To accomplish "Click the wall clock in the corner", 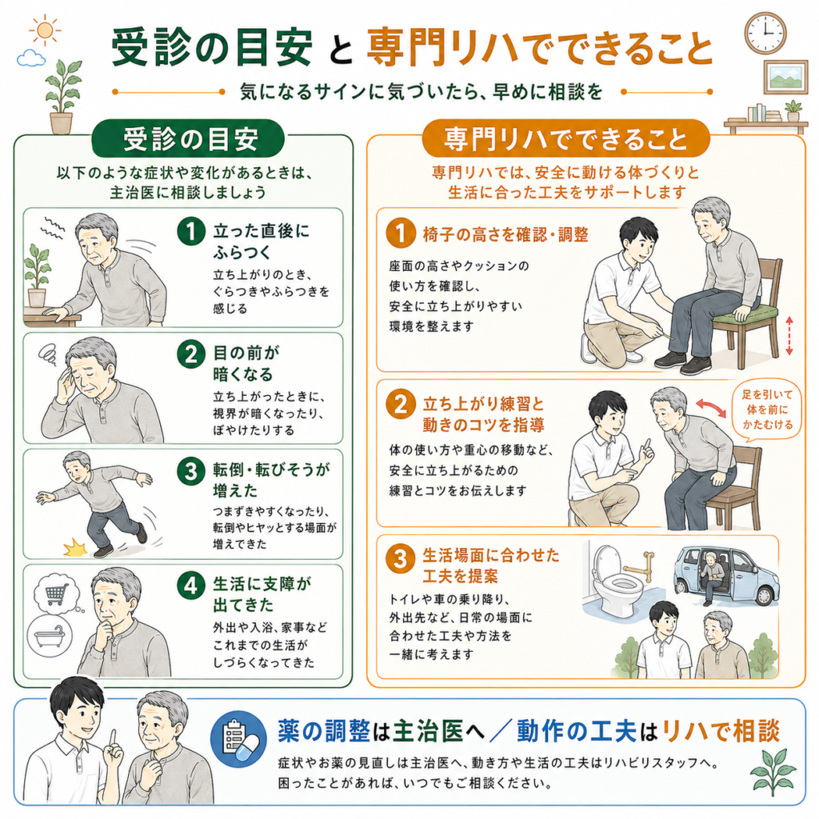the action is (765, 34).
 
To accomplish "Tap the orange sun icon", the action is (45, 30).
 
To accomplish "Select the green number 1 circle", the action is (191, 231).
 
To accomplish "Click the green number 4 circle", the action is (191, 585).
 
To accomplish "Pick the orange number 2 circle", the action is (401, 404).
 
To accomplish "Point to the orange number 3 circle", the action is (401, 558).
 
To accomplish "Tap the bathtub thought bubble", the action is (50, 635).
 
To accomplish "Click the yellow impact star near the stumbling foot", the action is (75, 549).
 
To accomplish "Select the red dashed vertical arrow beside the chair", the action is (789, 336).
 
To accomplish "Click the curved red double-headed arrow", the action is (711, 408).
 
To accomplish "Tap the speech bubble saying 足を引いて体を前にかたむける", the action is (767, 410).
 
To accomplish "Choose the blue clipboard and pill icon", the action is (238, 738).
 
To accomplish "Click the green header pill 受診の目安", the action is (188, 139).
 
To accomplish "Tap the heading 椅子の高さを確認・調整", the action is (505, 234).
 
